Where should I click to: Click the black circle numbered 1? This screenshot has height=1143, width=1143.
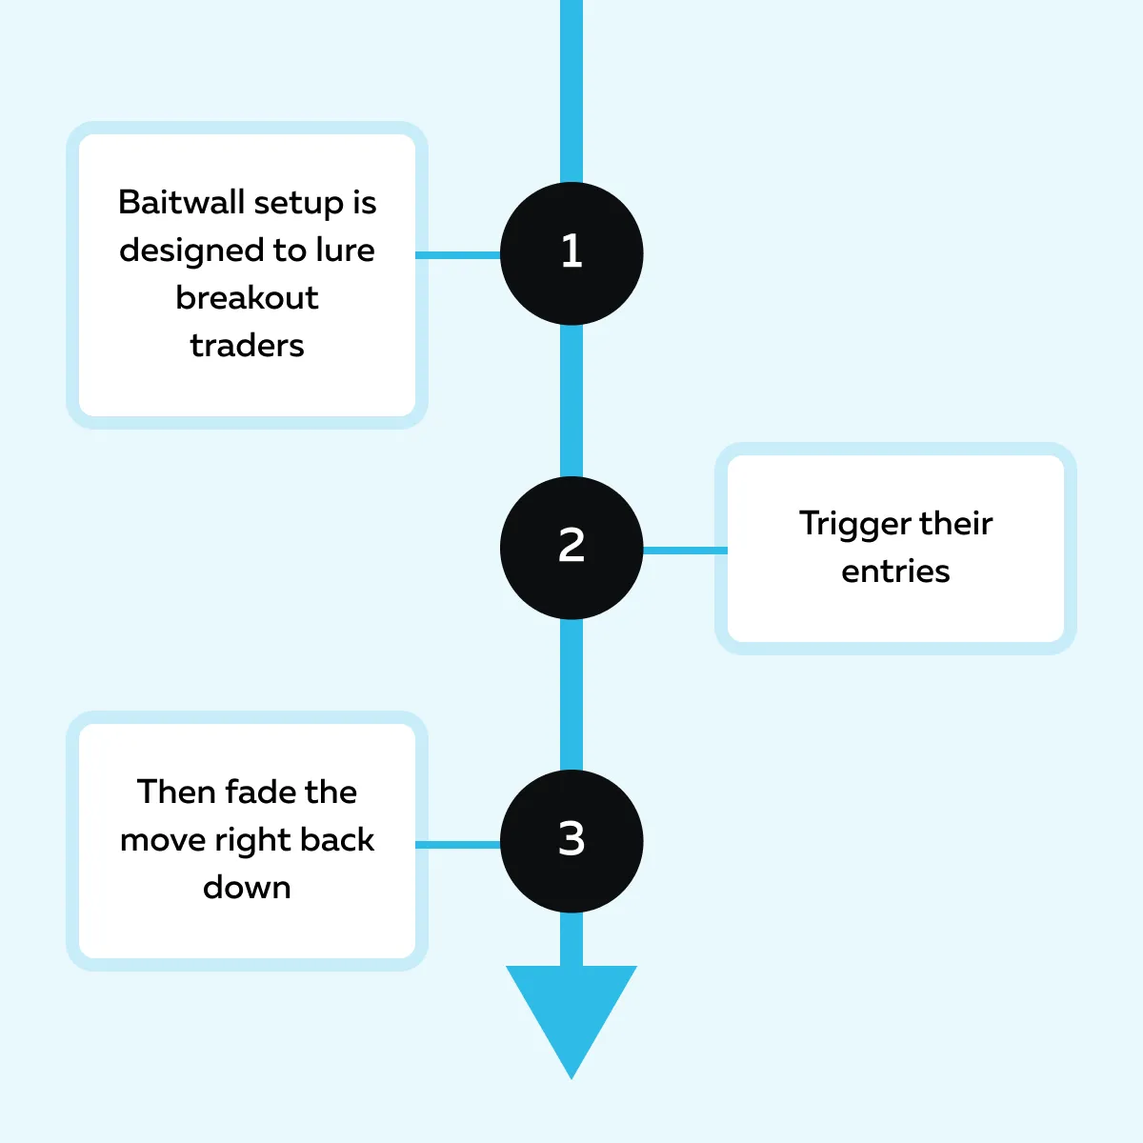coord(571,253)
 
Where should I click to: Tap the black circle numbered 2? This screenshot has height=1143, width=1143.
coord(571,548)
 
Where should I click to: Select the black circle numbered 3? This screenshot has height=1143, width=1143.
coord(571,841)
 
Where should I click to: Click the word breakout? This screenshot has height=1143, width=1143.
coord(247,298)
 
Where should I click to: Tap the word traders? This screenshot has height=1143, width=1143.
coord(247,346)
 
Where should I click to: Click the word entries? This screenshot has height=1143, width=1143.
coord(895,571)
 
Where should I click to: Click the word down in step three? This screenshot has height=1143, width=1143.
coord(247,888)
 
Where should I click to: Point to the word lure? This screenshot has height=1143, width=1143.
coord(345,251)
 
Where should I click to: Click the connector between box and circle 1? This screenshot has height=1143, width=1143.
coord(458,255)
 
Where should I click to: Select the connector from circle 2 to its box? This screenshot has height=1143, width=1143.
coord(685,550)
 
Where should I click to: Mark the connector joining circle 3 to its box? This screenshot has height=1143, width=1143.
coord(458,844)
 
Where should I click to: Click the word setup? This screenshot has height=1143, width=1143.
coord(299,203)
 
